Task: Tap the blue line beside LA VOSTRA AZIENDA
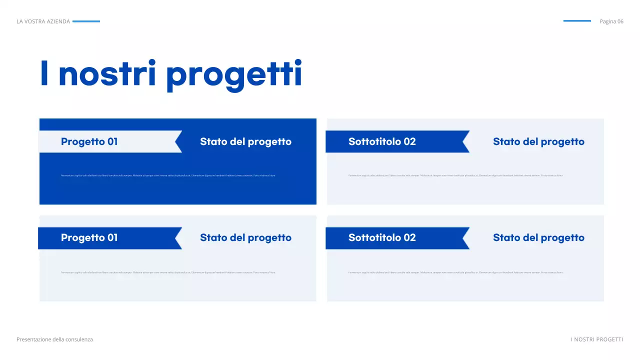86,21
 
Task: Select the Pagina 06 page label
611,21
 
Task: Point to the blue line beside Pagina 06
577,21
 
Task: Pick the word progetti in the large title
234,75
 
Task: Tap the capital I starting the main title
44,73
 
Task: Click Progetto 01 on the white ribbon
89,141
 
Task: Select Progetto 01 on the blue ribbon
89,237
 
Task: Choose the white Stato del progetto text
245,141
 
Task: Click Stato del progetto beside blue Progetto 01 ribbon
245,237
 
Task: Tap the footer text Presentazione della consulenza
54,339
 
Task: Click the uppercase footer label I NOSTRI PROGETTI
597,339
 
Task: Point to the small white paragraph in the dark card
168,175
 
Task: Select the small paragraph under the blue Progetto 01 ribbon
168,272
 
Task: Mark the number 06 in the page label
620,21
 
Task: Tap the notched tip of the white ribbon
178,141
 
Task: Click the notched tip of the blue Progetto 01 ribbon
178,238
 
